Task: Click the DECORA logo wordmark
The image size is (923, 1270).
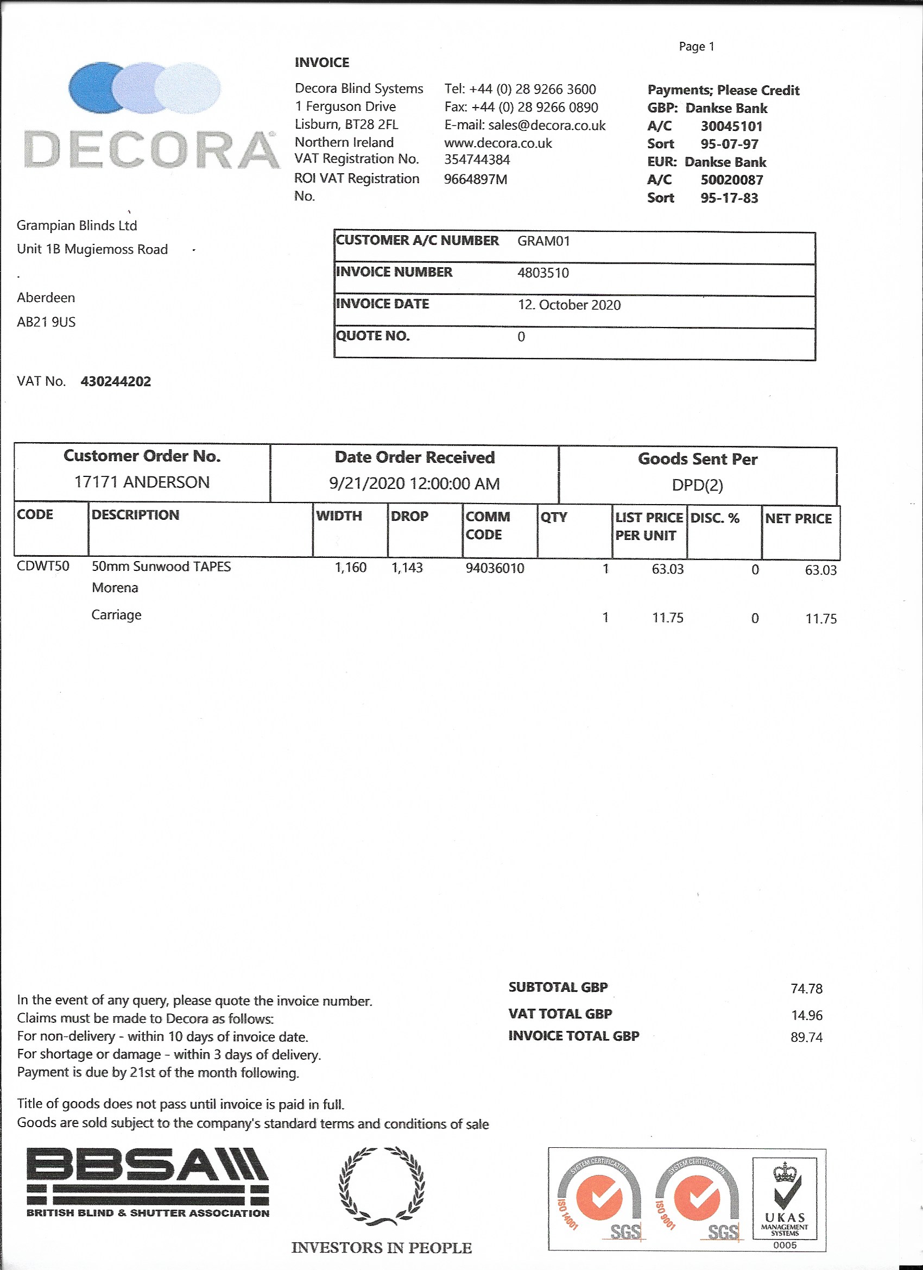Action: pyautogui.click(x=151, y=149)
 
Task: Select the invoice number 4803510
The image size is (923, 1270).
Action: pyautogui.click(x=543, y=273)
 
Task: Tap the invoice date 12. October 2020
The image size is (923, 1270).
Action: pyautogui.click(x=569, y=305)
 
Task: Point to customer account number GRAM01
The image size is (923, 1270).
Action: pyautogui.click(x=543, y=241)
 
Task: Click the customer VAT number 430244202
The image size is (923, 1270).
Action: pyautogui.click(x=116, y=381)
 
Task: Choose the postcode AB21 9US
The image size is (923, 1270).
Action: pyautogui.click(x=46, y=322)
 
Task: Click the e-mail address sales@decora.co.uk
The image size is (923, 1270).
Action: pyautogui.click(x=546, y=125)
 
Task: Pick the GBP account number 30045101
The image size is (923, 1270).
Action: pyautogui.click(x=731, y=126)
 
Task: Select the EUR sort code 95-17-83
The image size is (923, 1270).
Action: pyautogui.click(x=729, y=198)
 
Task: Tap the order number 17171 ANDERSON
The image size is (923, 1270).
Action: pyautogui.click(x=142, y=482)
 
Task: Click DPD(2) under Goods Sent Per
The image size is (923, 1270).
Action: pyautogui.click(x=698, y=485)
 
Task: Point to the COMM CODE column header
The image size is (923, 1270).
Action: pyautogui.click(x=488, y=525)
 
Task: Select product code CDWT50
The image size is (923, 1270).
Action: pyautogui.click(x=43, y=566)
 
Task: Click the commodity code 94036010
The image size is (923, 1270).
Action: pyautogui.click(x=495, y=568)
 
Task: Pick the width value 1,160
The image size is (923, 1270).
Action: pyautogui.click(x=350, y=568)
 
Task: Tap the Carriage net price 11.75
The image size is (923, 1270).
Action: pyautogui.click(x=820, y=619)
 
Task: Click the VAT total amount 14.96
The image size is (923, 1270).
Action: pyautogui.click(x=806, y=1015)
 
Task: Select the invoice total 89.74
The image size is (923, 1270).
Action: pyautogui.click(x=806, y=1038)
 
